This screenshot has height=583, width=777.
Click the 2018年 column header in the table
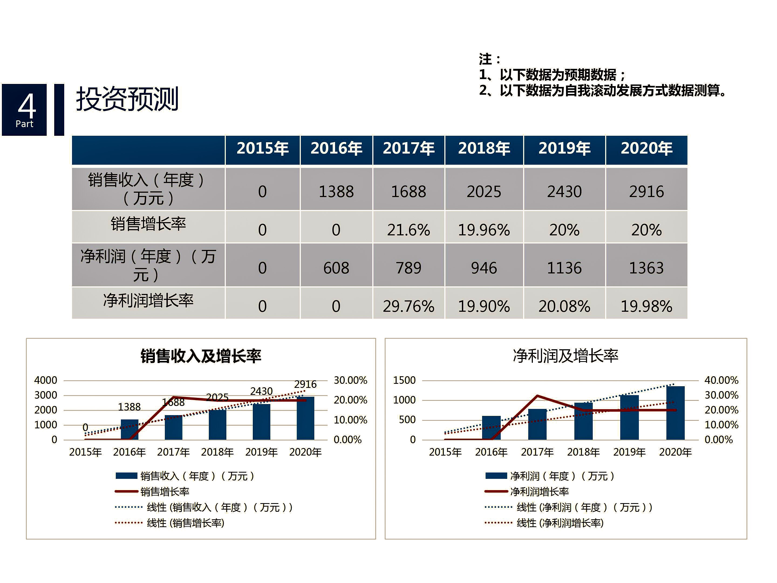point(484,148)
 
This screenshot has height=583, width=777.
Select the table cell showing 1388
point(336,192)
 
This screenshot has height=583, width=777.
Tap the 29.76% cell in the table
point(408,306)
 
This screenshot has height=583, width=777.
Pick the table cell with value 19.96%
point(484,230)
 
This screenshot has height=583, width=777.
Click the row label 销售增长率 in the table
point(148,224)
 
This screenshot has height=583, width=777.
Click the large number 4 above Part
point(27,106)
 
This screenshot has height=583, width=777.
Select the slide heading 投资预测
point(127,99)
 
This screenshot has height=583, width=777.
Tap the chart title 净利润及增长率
point(565,356)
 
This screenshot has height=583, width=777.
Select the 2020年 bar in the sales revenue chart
point(305,418)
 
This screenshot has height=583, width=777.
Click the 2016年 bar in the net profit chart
point(491,428)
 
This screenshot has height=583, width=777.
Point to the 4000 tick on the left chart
point(46,380)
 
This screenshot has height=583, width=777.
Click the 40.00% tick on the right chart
point(721,380)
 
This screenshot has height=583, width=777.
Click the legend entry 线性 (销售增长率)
point(185,523)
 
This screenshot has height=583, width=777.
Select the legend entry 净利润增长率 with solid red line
point(539,492)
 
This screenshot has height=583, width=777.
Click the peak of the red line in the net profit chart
point(537,396)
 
